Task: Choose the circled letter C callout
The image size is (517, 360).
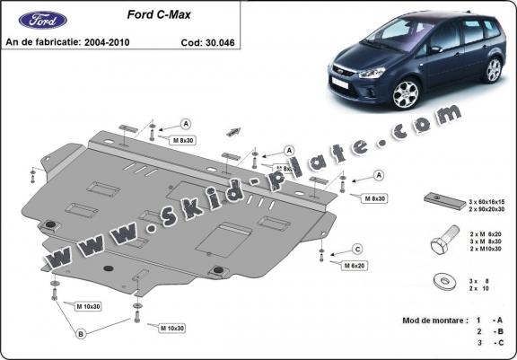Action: pos(356,249)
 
